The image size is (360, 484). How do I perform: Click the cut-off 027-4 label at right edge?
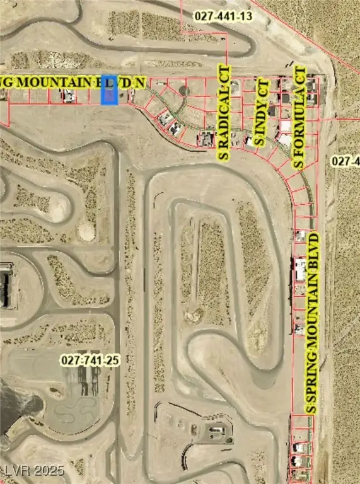click(345, 161)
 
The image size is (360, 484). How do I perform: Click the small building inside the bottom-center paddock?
click(215, 430)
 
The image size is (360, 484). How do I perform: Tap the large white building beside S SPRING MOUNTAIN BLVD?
click(301, 270)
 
